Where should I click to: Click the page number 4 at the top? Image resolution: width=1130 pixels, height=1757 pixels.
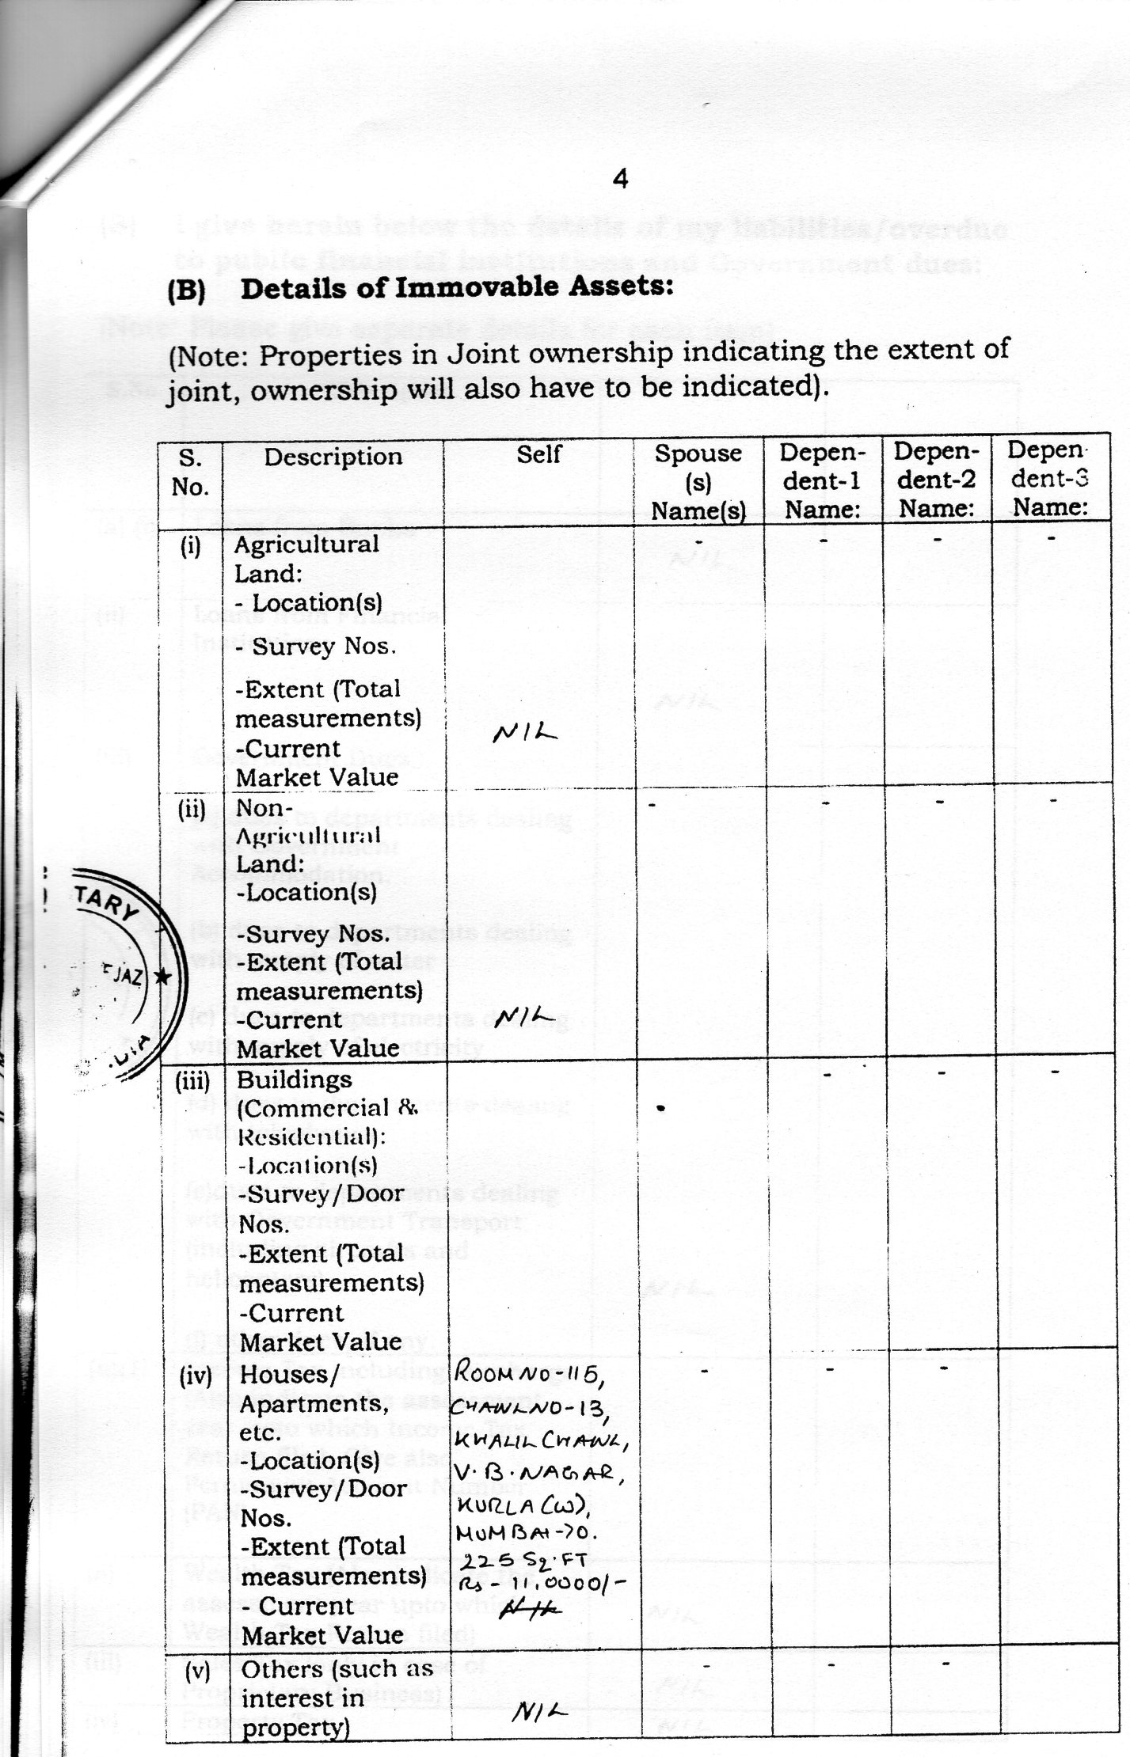(620, 180)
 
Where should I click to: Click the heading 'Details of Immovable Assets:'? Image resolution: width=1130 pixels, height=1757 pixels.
(457, 287)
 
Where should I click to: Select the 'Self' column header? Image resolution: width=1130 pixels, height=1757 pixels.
(538, 454)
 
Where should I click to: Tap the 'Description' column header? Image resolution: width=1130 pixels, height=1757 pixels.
(333, 457)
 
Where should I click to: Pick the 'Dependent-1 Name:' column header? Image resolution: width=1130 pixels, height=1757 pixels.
(822, 480)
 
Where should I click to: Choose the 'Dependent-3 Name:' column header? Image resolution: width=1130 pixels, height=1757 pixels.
(1048, 478)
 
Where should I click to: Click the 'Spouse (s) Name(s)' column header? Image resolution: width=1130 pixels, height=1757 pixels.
(698, 482)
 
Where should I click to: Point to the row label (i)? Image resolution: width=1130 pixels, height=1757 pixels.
(190, 546)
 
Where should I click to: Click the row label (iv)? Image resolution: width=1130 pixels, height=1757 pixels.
(196, 1377)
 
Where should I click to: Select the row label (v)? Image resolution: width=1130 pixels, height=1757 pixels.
(197, 1671)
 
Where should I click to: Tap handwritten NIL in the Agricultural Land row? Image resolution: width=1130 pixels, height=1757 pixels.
(524, 734)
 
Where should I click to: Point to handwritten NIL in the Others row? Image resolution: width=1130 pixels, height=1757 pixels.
(540, 1712)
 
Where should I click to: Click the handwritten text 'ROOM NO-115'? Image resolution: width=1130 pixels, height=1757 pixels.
(530, 1375)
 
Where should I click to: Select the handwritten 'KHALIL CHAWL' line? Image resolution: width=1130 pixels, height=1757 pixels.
(542, 1441)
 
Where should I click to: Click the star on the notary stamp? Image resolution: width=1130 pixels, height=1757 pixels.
(162, 977)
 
